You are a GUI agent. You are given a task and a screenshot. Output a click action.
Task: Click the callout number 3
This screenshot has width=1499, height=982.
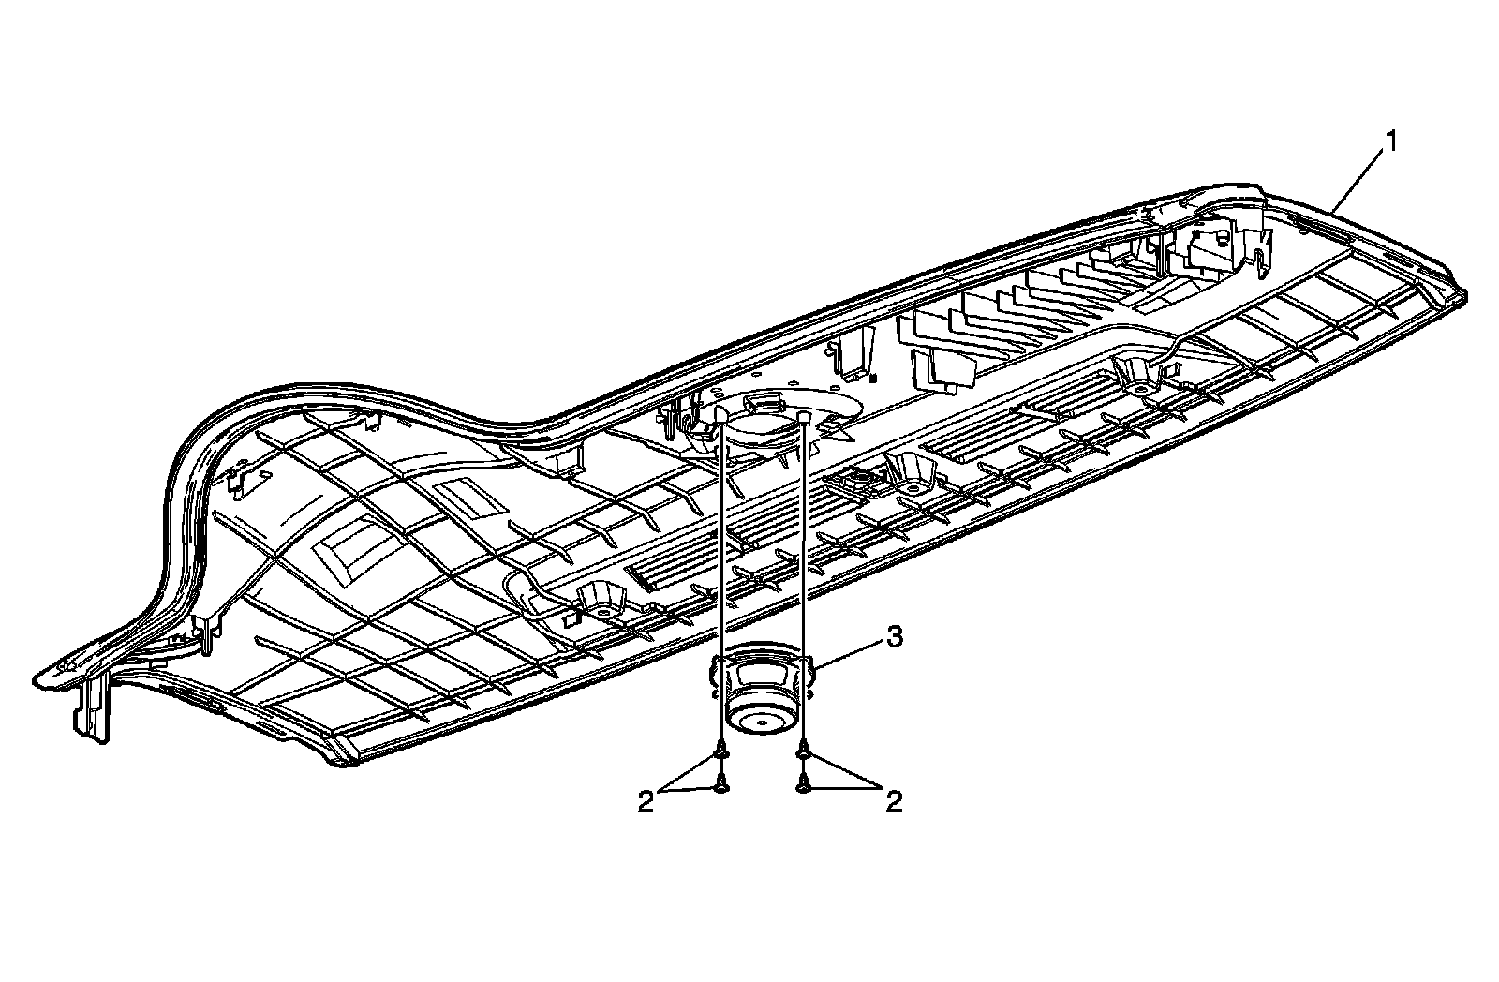pos(895,638)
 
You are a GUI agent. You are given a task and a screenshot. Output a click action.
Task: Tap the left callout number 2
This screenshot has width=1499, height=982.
pos(646,803)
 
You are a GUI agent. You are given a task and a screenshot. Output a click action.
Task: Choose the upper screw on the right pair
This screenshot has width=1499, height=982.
pos(803,751)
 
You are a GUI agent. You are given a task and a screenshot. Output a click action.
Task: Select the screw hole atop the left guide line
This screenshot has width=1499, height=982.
pos(720,411)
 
